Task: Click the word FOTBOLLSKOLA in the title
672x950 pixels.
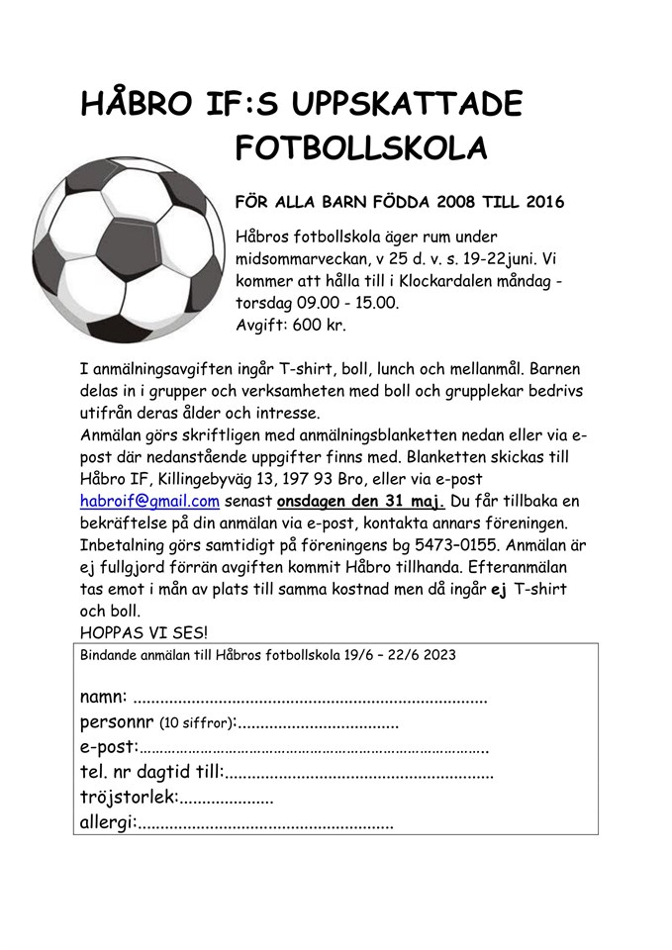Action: point(361,149)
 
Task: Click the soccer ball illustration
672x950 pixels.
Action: point(140,248)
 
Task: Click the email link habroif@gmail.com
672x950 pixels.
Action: point(149,502)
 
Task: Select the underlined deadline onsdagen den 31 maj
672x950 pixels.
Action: point(360,502)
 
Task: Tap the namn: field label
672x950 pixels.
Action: point(103,698)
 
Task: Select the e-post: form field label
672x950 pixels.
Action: point(109,746)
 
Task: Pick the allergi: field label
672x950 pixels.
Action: point(108,822)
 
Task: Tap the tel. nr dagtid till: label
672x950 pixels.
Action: point(151,772)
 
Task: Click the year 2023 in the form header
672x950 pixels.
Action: point(438,655)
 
